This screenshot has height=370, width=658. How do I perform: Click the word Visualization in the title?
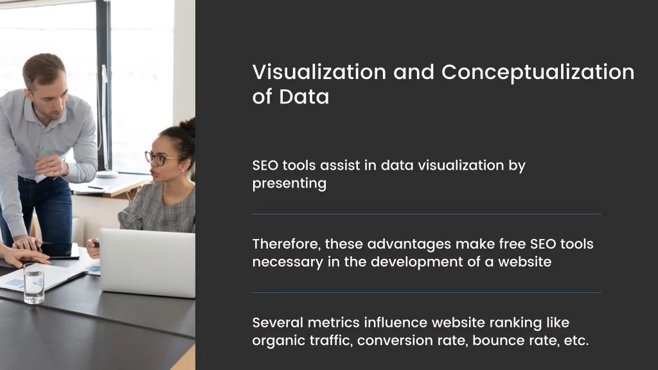coord(319,72)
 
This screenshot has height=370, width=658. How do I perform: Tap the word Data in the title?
coord(304,96)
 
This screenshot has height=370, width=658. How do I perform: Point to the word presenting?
coord(289,184)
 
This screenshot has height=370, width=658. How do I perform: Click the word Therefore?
coord(287,244)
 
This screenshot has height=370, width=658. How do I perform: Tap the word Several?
coord(278,322)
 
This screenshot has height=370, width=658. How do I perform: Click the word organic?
coord(279,341)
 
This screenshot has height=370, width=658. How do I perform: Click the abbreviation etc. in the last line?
coord(576,340)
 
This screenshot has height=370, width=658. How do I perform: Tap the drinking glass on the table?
coord(34,283)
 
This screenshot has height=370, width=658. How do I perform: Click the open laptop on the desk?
coord(147,263)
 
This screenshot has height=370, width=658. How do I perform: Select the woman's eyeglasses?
coord(161,158)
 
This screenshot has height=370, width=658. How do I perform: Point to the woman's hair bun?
coord(188,127)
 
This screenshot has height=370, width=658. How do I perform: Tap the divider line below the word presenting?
coord(427,215)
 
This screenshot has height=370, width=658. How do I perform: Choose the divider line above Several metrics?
coord(427,293)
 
